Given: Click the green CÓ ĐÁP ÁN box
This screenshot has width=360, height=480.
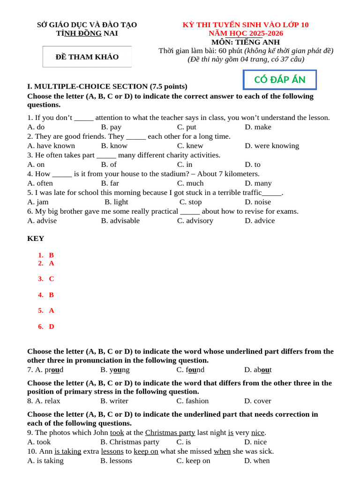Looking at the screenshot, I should pyautogui.click(x=280, y=80).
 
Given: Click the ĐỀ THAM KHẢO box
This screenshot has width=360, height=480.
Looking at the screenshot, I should pyautogui.click(x=87, y=57).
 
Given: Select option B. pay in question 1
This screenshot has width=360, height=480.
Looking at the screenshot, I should pyautogui.click(x=111, y=127).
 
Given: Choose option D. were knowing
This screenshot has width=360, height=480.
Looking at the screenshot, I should pyautogui.click(x=271, y=146).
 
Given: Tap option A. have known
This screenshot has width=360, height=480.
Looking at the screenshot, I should pyautogui.click(x=51, y=146).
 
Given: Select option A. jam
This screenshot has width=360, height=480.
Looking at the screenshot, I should pyautogui.click(x=38, y=202).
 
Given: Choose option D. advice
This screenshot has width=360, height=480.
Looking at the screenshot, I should pyautogui.click(x=260, y=221).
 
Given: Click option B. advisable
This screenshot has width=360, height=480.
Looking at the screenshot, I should pyautogui.click(x=120, y=221).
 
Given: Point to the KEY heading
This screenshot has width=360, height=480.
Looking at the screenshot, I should pyautogui.click(x=36, y=239).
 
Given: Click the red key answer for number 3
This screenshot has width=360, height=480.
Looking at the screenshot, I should pyautogui.click(x=51, y=279).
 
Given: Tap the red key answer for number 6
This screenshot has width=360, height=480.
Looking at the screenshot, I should pyautogui.click(x=51, y=327).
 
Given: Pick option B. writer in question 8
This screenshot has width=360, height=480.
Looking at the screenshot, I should pyautogui.click(x=114, y=401).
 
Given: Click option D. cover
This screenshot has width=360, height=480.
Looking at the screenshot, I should pyautogui.click(x=257, y=401).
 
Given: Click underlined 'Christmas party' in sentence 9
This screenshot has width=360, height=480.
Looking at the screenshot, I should pyautogui.click(x=170, y=433).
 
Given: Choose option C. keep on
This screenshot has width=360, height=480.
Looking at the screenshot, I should pyautogui.click(x=193, y=461).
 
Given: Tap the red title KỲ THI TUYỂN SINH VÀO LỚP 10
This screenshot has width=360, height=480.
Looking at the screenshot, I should pyautogui.click(x=246, y=25).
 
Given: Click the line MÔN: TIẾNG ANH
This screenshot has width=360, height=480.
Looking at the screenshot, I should pyautogui.click(x=246, y=42).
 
